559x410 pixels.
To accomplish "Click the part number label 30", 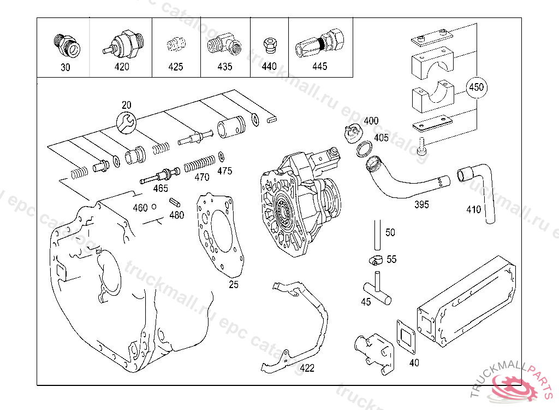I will [66, 67].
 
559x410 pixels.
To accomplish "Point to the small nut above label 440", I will [269, 45].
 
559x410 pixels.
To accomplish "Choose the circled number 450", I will [477, 87].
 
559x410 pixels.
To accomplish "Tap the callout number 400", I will [371, 121].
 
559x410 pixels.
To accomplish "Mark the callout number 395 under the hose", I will [421, 204].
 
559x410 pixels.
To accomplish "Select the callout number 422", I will [307, 368].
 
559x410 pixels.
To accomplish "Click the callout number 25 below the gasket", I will [233, 284].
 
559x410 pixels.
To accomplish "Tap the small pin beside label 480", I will [175, 202].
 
